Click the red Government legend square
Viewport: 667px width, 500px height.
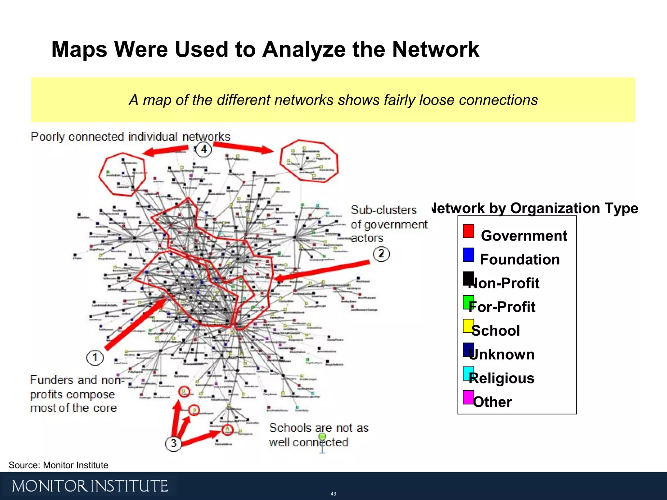[x=468, y=231]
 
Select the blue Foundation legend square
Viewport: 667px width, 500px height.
[x=468, y=255]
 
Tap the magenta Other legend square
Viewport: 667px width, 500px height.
[x=468, y=397]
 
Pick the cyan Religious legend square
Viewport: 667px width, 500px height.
[x=468, y=373]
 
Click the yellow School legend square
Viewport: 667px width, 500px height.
[x=468, y=326]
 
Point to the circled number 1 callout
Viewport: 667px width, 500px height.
[x=95, y=357]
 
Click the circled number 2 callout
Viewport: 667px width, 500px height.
[x=381, y=254]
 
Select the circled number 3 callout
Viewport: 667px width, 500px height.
[x=173, y=443]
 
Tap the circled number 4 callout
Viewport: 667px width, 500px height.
[x=204, y=149]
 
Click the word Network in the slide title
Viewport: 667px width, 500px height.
[x=435, y=49]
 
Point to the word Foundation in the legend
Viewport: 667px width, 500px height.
[x=520, y=259]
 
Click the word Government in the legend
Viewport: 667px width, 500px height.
[x=524, y=236]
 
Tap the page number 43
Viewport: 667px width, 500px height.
[x=333, y=494]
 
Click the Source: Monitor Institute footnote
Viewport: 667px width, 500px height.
[x=58, y=465]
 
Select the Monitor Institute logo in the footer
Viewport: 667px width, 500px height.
[x=90, y=486]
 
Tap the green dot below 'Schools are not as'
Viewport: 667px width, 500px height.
[x=322, y=436]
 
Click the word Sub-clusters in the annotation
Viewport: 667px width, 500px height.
[x=384, y=210]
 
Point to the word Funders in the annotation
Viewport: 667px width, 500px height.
[x=52, y=380]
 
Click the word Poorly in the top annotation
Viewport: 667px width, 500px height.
[x=48, y=137]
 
